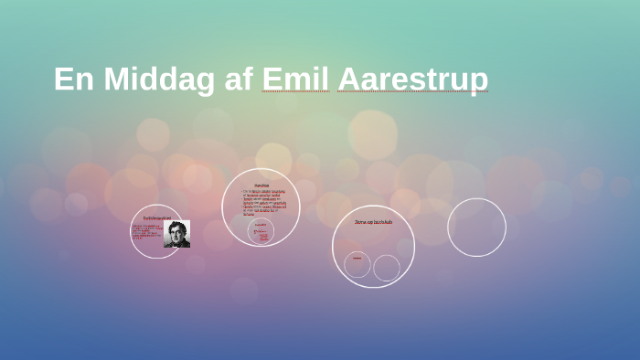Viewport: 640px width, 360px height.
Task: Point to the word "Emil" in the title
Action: (294, 79)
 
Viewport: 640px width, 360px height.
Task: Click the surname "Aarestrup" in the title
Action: (412, 79)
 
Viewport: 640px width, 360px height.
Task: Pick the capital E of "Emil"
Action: (272, 79)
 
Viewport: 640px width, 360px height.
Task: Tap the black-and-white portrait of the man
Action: (176, 234)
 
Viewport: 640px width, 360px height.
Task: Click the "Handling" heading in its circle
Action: (261, 185)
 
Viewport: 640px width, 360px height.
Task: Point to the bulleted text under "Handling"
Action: (264, 202)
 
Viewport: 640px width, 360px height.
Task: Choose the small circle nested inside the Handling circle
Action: (261, 231)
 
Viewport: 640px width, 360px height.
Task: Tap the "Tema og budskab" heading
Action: (373, 222)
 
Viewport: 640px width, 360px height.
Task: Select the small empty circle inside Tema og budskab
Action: (387, 268)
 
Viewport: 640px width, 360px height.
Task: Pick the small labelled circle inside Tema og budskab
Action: (357, 265)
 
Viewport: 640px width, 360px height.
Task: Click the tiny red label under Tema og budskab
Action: (357, 258)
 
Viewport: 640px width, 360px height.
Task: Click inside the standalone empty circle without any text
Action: (476, 228)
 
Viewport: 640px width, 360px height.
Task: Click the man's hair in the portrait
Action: (176, 225)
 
